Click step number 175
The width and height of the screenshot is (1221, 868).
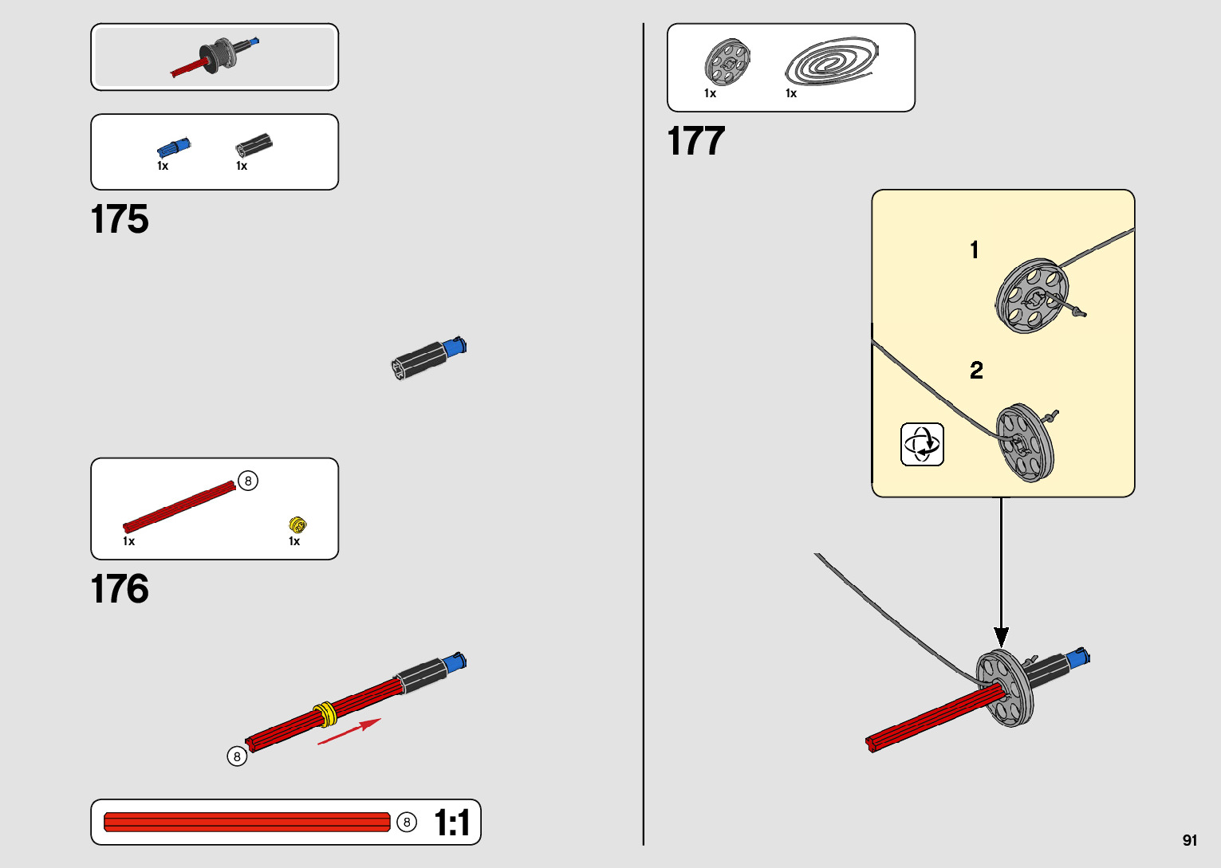click(x=120, y=219)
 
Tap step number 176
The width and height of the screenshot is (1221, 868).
click(x=120, y=589)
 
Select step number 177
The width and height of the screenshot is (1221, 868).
click(x=696, y=141)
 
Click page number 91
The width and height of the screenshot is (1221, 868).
click(x=1190, y=840)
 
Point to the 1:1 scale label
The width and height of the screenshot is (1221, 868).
click(x=451, y=823)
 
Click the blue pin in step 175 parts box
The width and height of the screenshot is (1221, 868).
click(x=174, y=147)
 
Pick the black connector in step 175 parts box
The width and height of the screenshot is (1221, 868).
click(x=254, y=146)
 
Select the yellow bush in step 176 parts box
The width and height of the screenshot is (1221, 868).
click(x=297, y=524)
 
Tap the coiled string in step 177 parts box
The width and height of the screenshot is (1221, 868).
click(x=831, y=61)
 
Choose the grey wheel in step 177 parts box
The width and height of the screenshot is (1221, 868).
click(x=727, y=61)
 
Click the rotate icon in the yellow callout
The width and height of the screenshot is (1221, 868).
click(x=922, y=444)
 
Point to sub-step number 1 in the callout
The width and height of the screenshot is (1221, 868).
click(x=974, y=250)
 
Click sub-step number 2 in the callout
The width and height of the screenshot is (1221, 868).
click(x=976, y=370)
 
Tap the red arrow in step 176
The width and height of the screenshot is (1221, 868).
click(x=349, y=732)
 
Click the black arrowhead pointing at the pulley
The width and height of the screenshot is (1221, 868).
click(x=1001, y=637)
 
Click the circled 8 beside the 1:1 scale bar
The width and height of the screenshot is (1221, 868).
click(x=407, y=822)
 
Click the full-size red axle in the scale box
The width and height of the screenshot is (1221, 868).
click(x=247, y=822)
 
